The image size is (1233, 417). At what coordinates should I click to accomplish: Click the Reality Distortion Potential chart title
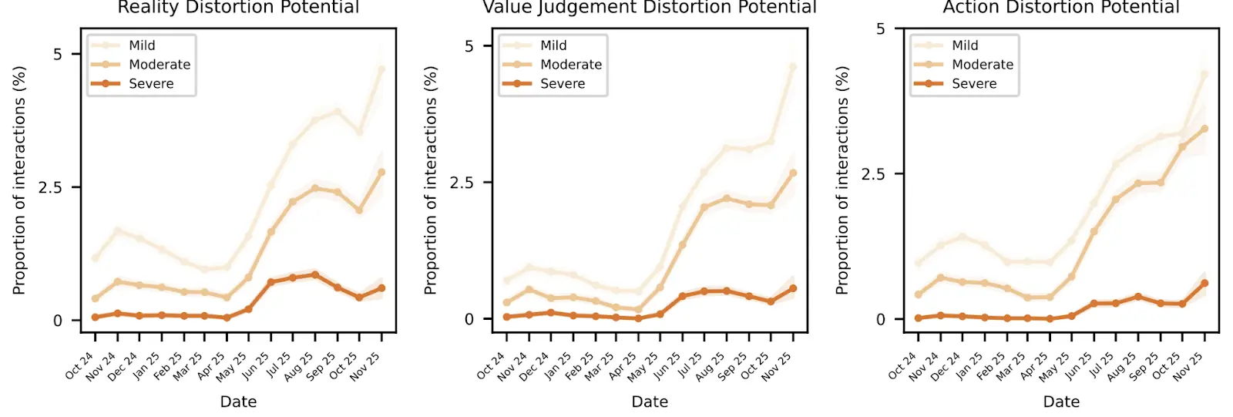(x=238, y=8)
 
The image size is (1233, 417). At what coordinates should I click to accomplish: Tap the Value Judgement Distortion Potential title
(x=650, y=8)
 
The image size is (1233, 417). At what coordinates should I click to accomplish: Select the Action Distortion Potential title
(x=1061, y=8)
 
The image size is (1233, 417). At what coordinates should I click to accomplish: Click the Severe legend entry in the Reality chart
(x=151, y=84)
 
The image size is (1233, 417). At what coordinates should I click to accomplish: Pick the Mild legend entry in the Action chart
(x=965, y=45)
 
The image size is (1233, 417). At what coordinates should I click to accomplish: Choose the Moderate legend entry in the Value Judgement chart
(x=571, y=65)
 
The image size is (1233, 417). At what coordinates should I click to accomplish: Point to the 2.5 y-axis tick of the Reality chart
(x=50, y=187)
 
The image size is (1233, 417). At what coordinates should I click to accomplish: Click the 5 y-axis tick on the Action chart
(x=881, y=29)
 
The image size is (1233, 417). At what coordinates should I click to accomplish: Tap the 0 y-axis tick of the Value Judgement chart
(x=469, y=319)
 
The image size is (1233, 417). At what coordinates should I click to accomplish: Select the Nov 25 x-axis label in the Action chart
(x=1188, y=365)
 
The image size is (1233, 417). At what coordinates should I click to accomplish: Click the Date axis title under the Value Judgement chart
(x=650, y=402)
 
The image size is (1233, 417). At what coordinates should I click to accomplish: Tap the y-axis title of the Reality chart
(x=19, y=180)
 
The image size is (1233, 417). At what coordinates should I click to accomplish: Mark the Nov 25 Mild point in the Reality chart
(x=381, y=69)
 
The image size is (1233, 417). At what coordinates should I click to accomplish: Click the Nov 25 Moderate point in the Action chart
(x=1204, y=129)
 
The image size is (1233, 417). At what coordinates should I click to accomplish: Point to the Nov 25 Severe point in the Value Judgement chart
(x=793, y=288)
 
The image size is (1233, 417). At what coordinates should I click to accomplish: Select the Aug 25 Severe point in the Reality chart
(x=315, y=274)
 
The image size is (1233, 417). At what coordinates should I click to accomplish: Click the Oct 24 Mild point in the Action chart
(x=918, y=263)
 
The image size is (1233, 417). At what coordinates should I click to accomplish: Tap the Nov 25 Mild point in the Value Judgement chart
(x=793, y=66)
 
